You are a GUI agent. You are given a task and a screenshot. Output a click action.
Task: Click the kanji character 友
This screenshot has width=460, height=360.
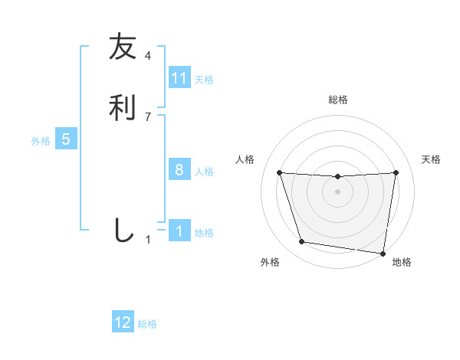[x=123, y=47]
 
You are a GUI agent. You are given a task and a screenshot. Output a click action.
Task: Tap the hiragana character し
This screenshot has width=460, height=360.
[x=123, y=230]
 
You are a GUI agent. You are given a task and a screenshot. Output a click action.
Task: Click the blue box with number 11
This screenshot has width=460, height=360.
[x=179, y=78]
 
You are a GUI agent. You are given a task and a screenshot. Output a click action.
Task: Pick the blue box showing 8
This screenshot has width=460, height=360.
[x=179, y=170]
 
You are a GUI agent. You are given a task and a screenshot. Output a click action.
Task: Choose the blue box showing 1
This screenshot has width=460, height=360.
[x=179, y=231]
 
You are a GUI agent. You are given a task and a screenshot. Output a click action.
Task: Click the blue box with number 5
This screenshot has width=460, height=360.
[x=66, y=139]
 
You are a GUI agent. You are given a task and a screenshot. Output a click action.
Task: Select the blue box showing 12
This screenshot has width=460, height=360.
[x=123, y=322]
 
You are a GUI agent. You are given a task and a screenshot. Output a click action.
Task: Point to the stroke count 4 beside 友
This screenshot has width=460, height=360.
[x=148, y=56]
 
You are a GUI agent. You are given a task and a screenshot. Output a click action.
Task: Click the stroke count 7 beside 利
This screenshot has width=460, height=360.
[x=148, y=116]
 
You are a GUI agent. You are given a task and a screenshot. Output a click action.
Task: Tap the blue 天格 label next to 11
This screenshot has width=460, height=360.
[x=204, y=79]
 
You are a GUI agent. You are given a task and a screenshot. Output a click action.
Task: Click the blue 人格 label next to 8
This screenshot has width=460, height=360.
[x=204, y=171]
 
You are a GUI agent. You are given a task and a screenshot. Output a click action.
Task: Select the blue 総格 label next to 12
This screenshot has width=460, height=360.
[x=147, y=324]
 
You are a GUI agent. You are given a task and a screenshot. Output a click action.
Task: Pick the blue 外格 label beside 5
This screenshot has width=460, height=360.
[x=41, y=141]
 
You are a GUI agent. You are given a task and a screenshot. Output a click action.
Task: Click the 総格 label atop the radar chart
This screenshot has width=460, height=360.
[x=337, y=100]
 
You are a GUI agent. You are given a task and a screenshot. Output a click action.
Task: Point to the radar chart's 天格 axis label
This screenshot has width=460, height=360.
[x=432, y=159]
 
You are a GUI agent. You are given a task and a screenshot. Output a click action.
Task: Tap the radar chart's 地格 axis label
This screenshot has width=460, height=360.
[x=402, y=263]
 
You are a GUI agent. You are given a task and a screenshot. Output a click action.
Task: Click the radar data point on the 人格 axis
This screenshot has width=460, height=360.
[x=279, y=172]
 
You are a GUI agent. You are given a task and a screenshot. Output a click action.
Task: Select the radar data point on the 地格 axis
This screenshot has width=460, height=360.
[x=383, y=253]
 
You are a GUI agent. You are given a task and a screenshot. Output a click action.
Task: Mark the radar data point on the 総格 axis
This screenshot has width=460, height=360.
[x=337, y=177]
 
